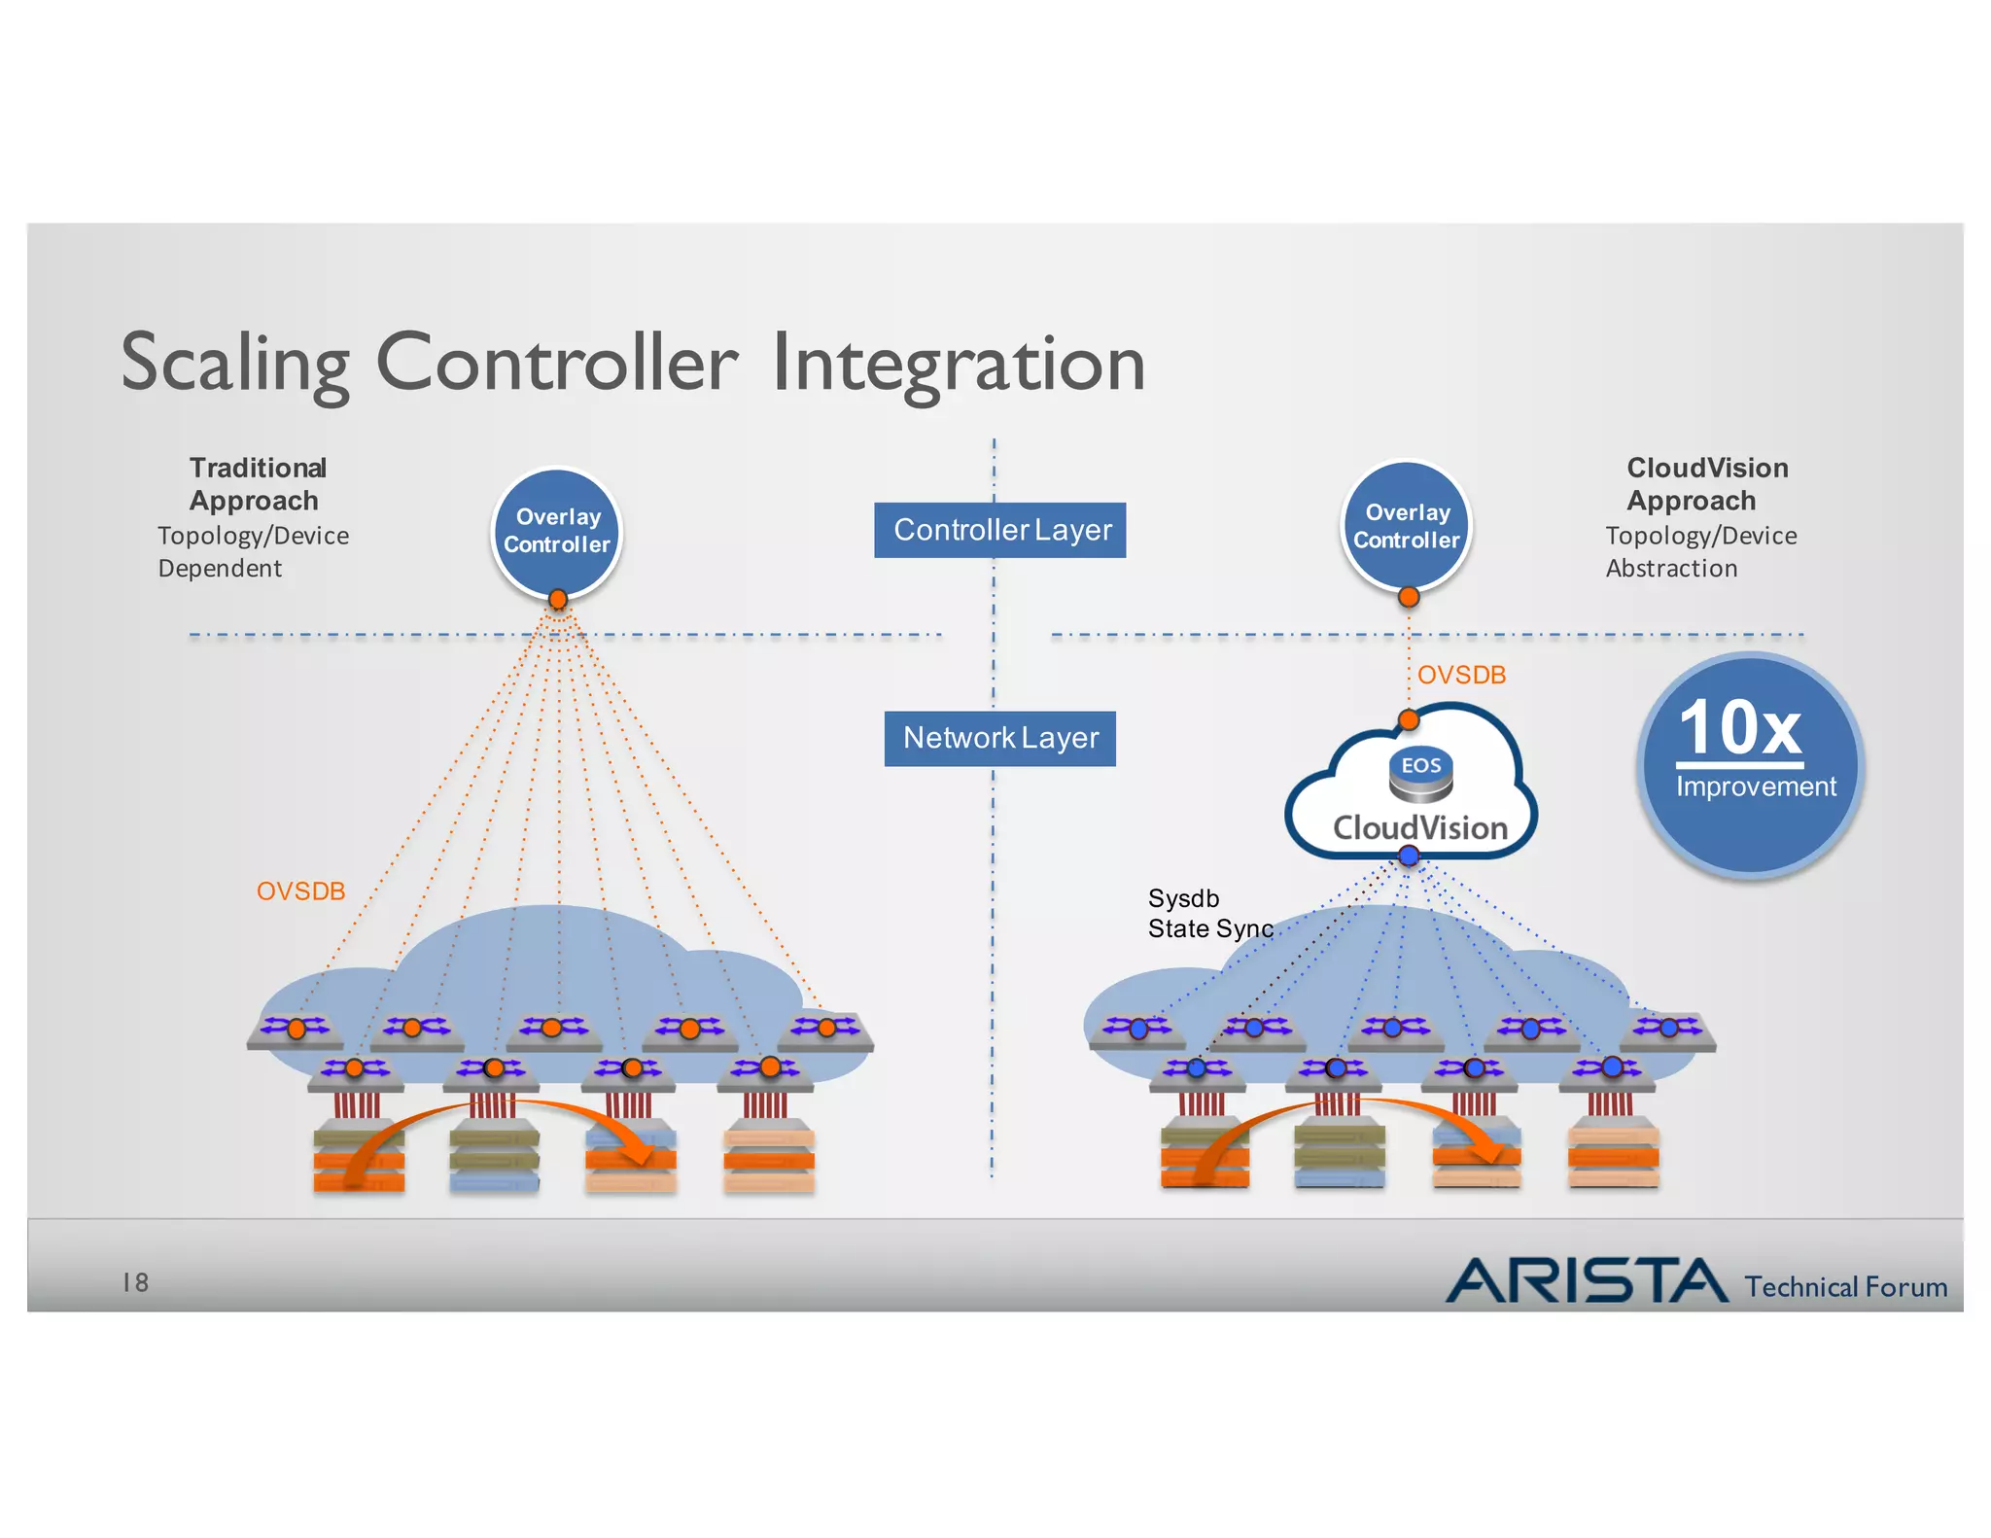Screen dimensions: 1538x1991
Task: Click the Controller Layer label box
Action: tap(1000, 530)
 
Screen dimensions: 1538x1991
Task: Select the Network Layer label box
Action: tap(1000, 739)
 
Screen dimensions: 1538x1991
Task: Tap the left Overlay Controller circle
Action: tap(557, 530)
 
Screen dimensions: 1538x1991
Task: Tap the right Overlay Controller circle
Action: tap(1407, 525)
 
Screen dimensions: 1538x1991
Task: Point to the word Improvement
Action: tap(1756, 786)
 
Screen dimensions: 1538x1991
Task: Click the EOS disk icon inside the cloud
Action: tap(1420, 775)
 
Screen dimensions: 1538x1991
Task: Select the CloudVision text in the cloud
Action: tap(1420, 828)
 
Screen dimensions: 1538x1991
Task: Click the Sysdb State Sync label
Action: tap(1209, 914)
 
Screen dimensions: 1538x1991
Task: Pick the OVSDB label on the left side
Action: tap(300, 891)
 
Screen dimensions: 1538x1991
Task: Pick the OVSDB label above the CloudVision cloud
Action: tap(1461, 675)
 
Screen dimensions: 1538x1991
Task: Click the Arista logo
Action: tap(1587, 1280)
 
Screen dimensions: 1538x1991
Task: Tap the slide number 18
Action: tap(135, 1283)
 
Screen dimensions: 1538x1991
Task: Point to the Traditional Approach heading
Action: tap(257, 484)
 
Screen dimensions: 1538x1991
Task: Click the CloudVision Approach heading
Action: tap(1706, 484)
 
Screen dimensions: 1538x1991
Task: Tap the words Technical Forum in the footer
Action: tap(1845, 1287)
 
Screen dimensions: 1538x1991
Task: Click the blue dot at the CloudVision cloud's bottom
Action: tap(1409, 856)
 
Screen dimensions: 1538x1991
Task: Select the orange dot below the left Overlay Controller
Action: tap(558, 599)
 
